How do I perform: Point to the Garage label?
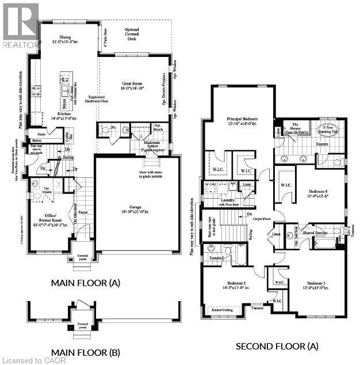(x=137, y=208)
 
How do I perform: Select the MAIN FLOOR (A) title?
(x=86, y=283)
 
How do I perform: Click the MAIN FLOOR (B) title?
(x=86, y=352)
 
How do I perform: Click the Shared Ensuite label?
(x=320, y=233)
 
